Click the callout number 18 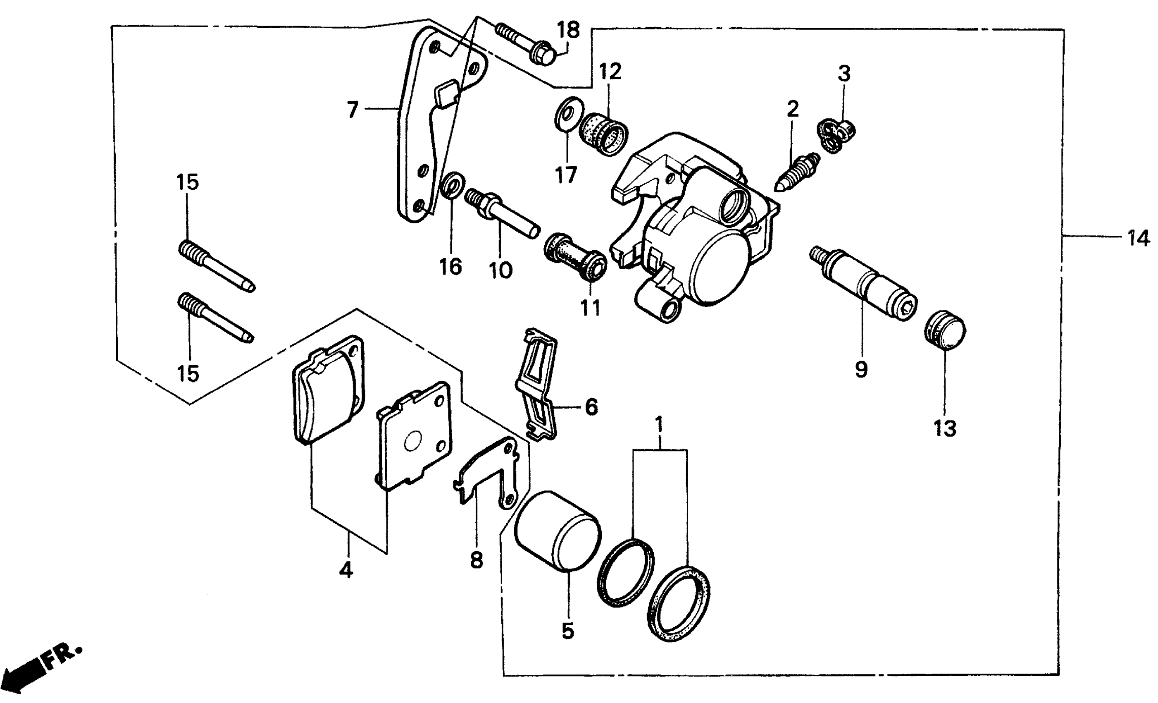(x=568, y=30)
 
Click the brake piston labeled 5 (x=558, y=531)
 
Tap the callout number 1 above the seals (x=659, y=424)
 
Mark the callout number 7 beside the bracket (x=353, y=110)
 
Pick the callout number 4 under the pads (x=346, y=570)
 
